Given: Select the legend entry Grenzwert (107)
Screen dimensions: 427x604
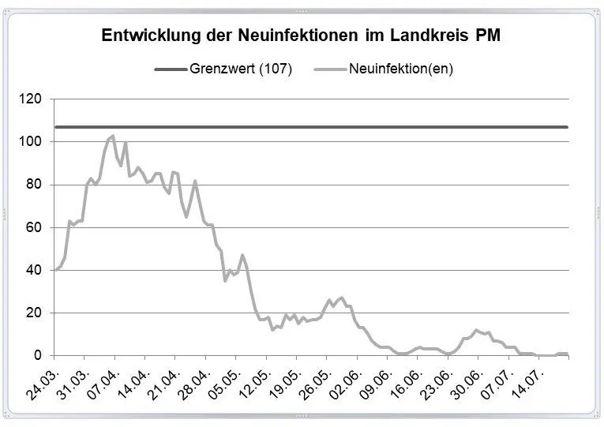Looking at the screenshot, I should point(241,69).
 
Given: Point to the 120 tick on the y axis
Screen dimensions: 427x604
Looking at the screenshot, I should point(32,99).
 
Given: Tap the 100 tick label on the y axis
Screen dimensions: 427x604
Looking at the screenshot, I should point(32,142).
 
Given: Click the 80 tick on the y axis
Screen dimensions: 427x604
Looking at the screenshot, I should point(35,185).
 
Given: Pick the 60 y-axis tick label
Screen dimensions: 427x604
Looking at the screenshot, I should point(35,228).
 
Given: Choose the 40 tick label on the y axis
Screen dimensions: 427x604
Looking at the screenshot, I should point(35,271).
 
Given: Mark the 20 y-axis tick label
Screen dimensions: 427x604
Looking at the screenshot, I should point(35,313).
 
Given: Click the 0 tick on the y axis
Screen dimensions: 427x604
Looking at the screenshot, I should point(38,356).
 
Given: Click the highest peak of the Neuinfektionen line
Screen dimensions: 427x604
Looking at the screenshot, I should point(113,136).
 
